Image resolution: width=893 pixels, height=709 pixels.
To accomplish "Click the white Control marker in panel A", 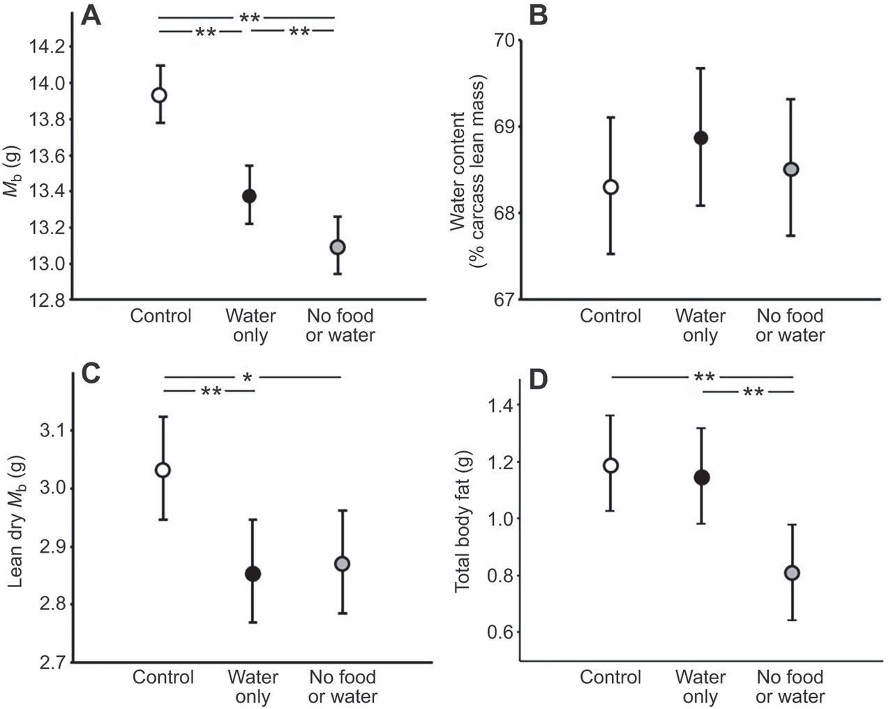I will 159,95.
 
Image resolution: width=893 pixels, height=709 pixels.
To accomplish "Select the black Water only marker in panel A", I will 249,196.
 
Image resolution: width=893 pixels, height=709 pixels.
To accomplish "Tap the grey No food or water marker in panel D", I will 792,573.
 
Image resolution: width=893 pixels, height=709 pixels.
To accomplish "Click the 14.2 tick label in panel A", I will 44,47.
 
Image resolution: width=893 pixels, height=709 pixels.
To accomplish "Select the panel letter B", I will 538,15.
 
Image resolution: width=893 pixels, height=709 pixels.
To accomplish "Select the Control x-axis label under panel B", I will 610,317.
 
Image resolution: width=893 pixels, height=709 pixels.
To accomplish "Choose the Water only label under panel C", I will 253,687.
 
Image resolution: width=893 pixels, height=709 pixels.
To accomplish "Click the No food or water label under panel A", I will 340,326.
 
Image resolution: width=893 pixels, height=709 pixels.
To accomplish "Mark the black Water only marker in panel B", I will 701,138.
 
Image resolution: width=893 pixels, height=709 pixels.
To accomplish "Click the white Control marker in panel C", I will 163,470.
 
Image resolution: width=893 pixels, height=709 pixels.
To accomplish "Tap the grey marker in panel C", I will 342,563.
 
